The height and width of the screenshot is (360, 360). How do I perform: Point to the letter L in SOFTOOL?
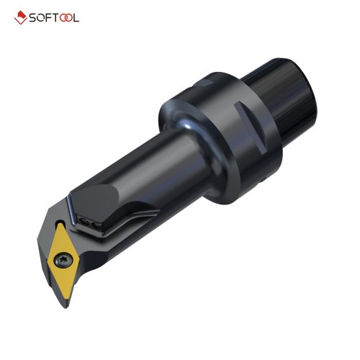pos(76,17)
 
